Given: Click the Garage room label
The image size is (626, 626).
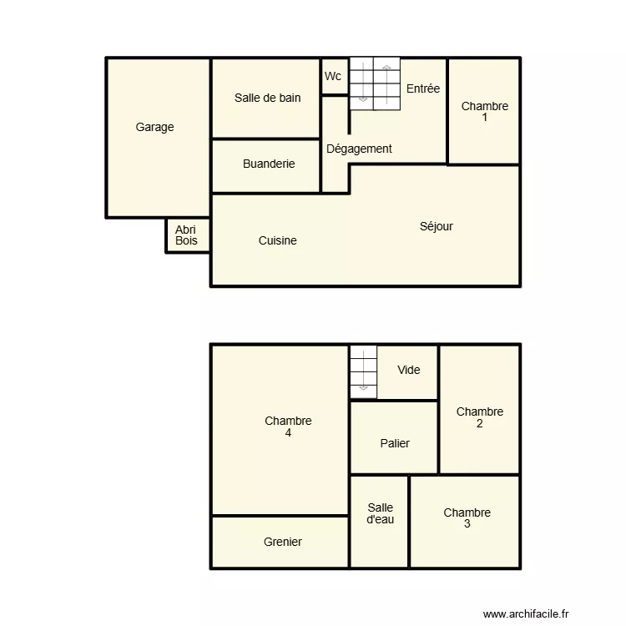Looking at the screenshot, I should click(155, 128).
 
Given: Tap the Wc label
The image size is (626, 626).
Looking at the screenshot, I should click(333, 76).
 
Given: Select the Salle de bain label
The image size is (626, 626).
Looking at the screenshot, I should click(267, 98).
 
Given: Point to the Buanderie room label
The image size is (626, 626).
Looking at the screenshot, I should click(269, 164).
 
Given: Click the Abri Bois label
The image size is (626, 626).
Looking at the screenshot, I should click(187, 235).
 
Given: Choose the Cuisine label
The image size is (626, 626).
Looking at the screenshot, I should click(277, 241).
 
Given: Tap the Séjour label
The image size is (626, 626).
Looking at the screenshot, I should click(437, 226).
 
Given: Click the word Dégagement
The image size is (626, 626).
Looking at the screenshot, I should click(359, 149).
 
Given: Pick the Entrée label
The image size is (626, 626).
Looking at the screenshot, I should click(423, 88).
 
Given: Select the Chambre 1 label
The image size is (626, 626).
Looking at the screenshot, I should click(485, 112).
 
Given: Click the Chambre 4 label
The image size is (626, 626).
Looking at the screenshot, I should click(288, 427).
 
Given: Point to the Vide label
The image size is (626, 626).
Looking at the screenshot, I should click(409, 370).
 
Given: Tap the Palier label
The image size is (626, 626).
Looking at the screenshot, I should click(395, 443).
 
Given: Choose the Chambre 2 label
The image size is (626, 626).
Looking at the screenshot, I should click(480, 417).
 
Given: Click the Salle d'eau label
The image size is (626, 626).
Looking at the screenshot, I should click(380, 513).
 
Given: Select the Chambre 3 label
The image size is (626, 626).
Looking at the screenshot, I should click(467, 518).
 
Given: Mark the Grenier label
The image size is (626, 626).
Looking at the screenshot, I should click(283, 542).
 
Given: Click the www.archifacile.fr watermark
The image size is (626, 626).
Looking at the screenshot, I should click(526, 613).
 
